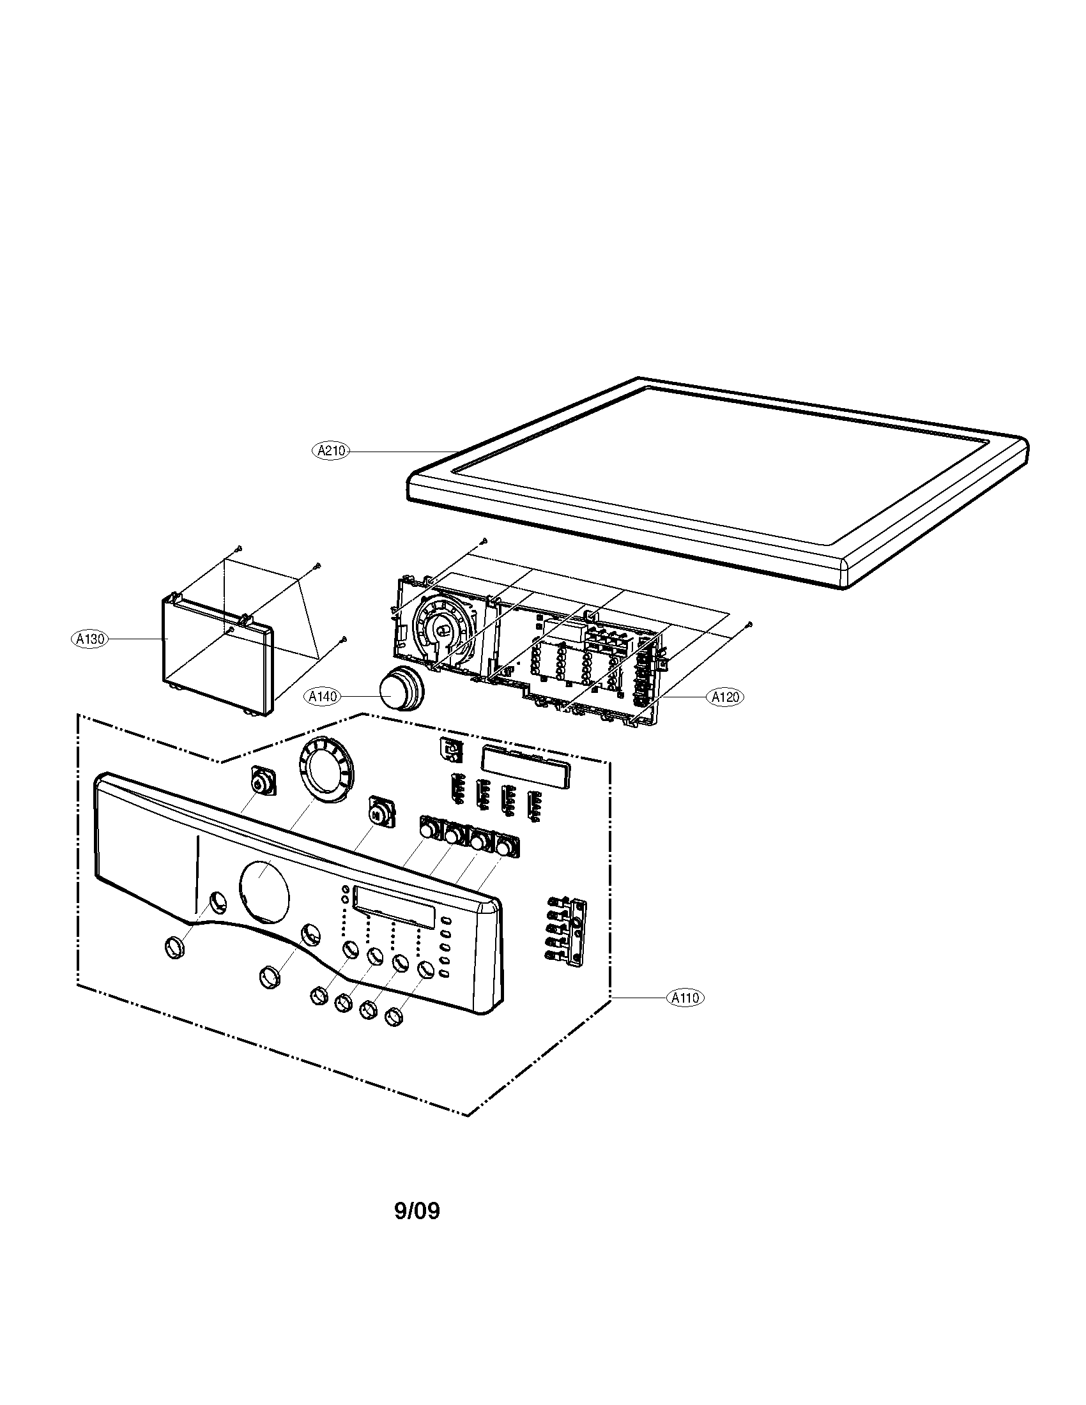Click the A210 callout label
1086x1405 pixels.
pyautogui.click(x=332, y=451)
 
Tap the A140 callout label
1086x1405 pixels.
pyautogui.click(x=323, y=696)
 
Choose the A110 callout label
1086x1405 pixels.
pyautogui.click(x=685, y=998)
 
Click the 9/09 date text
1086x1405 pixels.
pyautogui.click(x=417, y=1211)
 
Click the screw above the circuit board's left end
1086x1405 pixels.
pyautogui.click(x=485, y=541)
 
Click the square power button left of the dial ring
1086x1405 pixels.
pyautogui.click(x=261, y=783)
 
